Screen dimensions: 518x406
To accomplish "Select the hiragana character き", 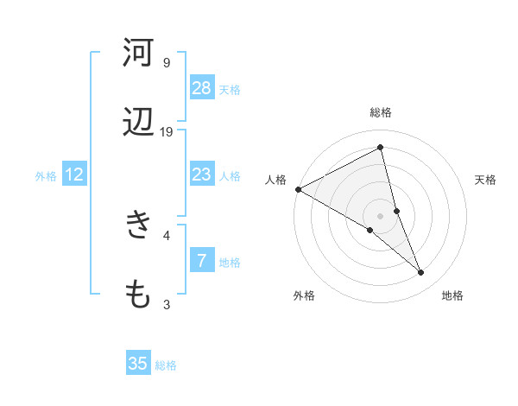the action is [x=138, y=226].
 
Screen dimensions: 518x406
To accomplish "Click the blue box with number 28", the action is [x=202, y=88].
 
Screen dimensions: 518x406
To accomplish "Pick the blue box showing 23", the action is [x=202, y=174].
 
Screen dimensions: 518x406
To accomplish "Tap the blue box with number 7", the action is [x=202, y=261].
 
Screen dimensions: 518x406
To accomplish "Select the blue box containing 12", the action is [x=74, y=174].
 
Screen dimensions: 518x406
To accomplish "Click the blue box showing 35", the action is [x=138, y=364].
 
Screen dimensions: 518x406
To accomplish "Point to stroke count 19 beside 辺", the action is [x=167, y=132].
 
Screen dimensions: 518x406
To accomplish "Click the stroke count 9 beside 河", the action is [x=167, y=63].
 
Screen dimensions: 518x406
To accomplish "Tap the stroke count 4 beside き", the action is [x=167, y=235].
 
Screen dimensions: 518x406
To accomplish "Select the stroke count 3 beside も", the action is [x=167, y=304].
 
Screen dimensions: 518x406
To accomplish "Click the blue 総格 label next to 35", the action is [x=166, y=365].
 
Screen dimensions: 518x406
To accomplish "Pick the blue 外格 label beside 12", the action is [x=46, y=176].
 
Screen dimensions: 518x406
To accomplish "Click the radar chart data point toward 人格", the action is [x=298, y=189].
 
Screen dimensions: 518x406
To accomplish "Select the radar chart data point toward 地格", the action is [x=421, y=273].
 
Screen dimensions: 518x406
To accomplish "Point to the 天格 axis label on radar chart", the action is [x=486, y=180].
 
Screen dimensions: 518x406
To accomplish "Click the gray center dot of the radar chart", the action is [x=381, y=216].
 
